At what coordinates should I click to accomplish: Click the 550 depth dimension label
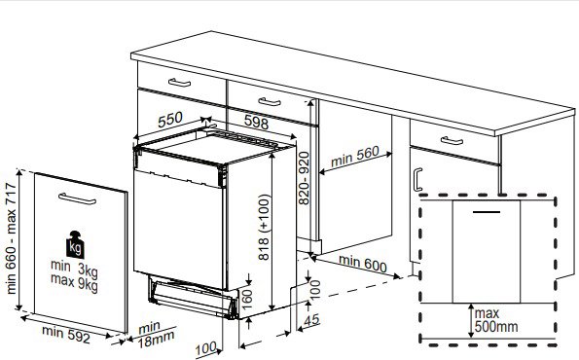tap(170, 120)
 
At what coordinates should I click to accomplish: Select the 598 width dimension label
tap(256, 122)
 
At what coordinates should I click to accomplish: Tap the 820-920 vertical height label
tap(304, 178)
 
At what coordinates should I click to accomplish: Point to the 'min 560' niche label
tap(355, 157)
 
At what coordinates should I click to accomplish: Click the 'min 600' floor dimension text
tap(363, 264)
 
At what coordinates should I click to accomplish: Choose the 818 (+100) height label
tap(265, 227)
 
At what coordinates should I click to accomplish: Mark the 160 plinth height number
tap(246, 299)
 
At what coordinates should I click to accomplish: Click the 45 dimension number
tap(311, 320)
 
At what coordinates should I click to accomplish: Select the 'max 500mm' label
tap(496, 320)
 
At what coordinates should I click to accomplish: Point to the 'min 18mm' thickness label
tap(156, 334)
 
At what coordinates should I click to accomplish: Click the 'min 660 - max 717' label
tap(11, 238)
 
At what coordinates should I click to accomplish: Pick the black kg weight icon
tap(75, 245)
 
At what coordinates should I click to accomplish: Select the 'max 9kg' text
tap(74, 283)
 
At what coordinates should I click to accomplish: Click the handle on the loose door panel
tap(77, 198)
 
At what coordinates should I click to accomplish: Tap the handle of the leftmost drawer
tap(179, 83)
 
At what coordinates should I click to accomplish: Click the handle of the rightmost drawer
tap(452, 141)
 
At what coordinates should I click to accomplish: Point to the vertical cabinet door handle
tap(417, 179)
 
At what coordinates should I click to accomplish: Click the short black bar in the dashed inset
tap(487, 212)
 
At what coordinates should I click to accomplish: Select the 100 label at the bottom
tap(205, 348)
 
